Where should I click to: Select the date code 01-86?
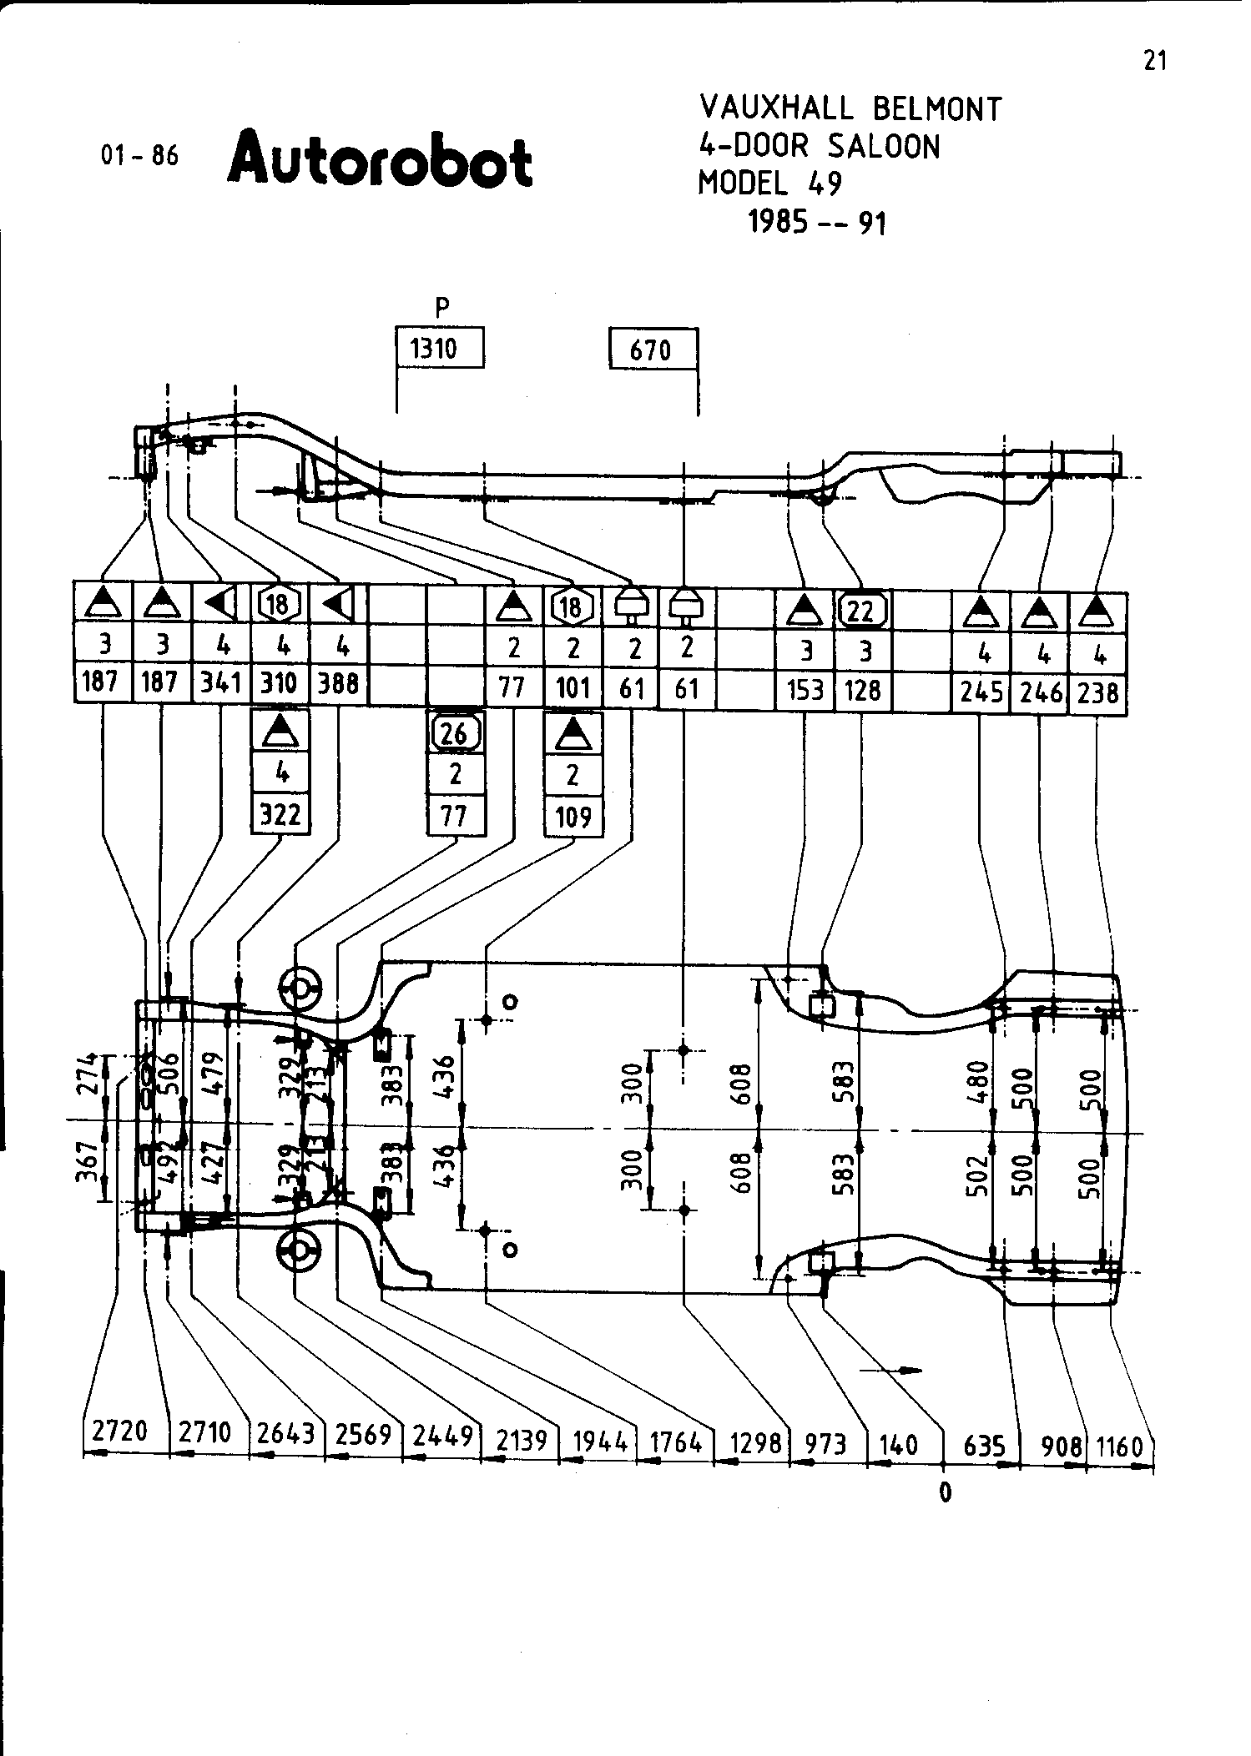pyautogui.click(x=139, y=155)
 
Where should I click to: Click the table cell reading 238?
pyautogui.click(x=1097, y=692)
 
